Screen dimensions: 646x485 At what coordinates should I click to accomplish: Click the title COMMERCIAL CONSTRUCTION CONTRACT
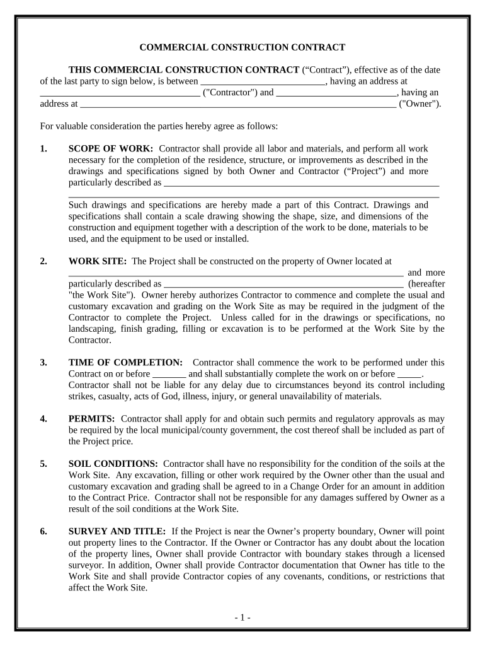[x=242, y=47]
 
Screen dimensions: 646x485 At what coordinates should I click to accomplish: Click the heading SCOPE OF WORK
[x=110, y=149]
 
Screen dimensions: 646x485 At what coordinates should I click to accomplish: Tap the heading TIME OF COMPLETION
[x=125, y=363]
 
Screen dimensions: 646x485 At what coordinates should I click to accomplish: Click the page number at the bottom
[x=243, y=618]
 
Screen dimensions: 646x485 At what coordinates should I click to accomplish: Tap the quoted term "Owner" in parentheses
[x=420, y=104]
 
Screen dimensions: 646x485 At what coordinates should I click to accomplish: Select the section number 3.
[x=43, y=363]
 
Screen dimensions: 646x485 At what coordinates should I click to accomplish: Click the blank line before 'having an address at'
[x=262, y=82]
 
